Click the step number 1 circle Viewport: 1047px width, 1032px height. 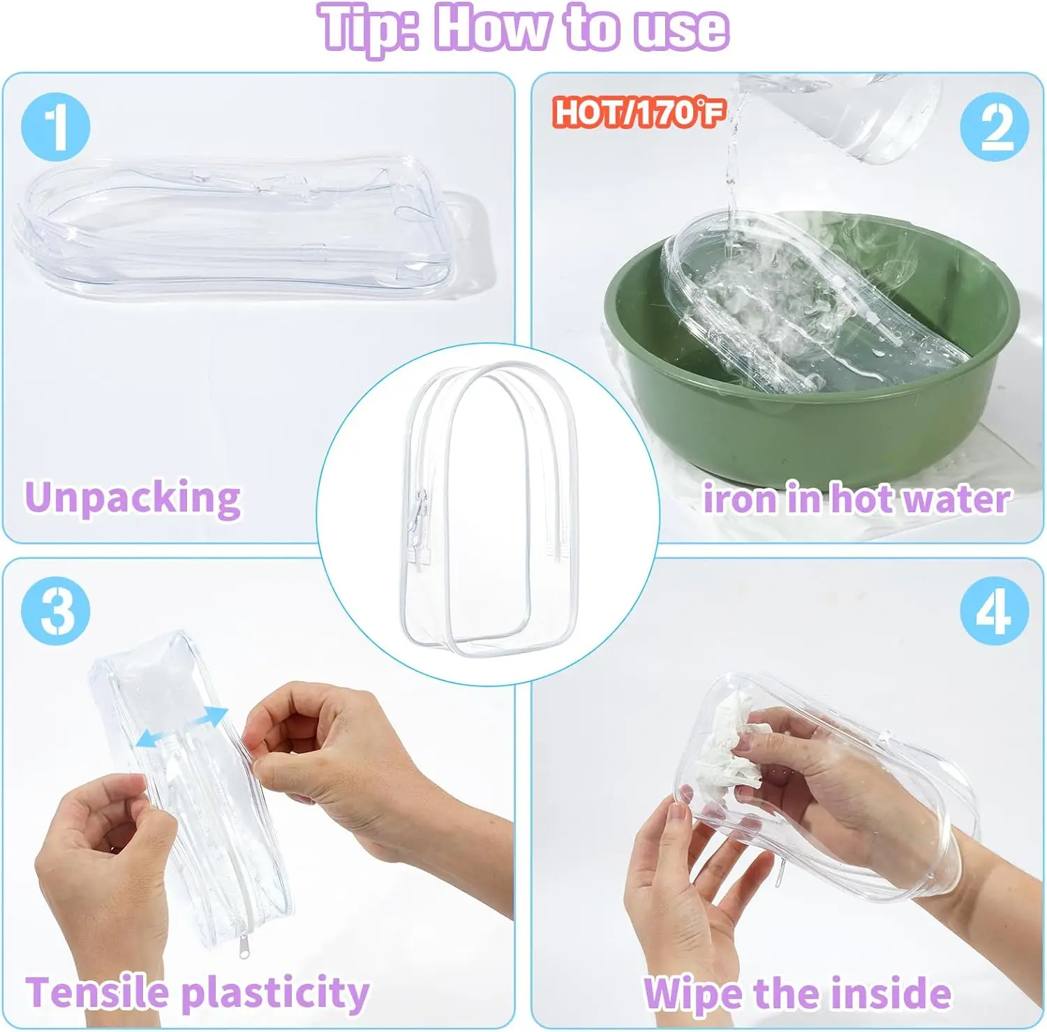56,127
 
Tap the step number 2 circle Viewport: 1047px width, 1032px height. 994,127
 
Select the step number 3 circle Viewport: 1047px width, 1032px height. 56,611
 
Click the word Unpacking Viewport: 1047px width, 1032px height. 133,498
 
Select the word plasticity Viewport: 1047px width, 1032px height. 275,993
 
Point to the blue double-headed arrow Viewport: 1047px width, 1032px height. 182,727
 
